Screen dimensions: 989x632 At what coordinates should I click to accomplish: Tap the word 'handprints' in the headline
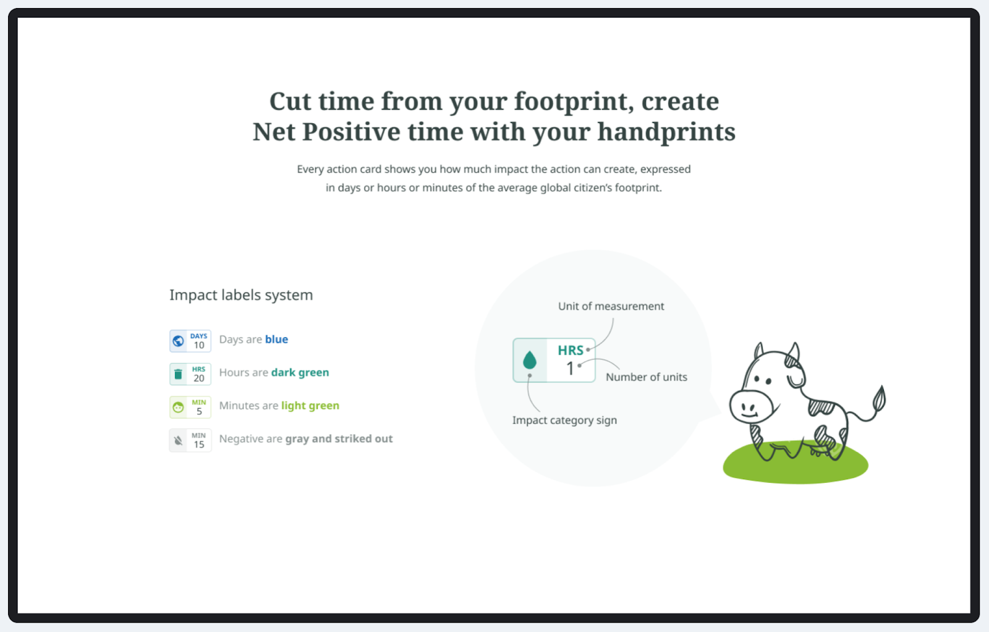pyautogui.click(x=666, y=132)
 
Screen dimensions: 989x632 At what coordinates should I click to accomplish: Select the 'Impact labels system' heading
pyautogui.click(x=241, y=294)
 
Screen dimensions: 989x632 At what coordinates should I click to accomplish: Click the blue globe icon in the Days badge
pyautogui.click(x=179, y=341)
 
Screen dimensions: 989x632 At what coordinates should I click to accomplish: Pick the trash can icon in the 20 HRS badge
pyautogui.click(x=179, y=374)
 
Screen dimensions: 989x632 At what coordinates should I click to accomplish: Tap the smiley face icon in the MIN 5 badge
pyautogui.click(x=179, y=407)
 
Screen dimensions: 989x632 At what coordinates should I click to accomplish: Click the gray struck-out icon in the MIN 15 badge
pyautogui.click(x=179, y=440)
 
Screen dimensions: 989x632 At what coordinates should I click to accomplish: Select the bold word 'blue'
pyautogui.click(x=276, y=339)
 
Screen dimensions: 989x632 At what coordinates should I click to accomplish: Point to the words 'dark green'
pyautogui.click(x=300, y=372)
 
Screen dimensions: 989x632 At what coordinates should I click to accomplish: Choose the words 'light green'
pyautogui.click(x=310, y=406)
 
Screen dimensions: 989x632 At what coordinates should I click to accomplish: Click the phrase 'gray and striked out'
pyautogui.click(x=339, y=438)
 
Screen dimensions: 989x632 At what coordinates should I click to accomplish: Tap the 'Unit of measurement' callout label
pyautogui.click(x=611, y=306)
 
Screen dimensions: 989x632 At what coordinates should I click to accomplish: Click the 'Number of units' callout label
pyautogui.click(x=647, y=377)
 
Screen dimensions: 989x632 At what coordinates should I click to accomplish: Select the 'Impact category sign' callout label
pyautogui.click(x=565, y=420)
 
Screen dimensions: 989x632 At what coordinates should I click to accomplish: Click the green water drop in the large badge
pyautogui.click(x=529, y=360)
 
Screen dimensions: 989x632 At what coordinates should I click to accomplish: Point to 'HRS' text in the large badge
pyautogui.click(x=571, y=350)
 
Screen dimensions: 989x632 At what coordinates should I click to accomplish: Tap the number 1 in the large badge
pyautogui.click(x=570, y=369)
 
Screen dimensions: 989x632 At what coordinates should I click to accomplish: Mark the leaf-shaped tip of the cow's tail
pyautogui.click(x=880, y=399)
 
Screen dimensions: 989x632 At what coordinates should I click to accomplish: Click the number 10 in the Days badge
pyautogui.click(x=199, y=345)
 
